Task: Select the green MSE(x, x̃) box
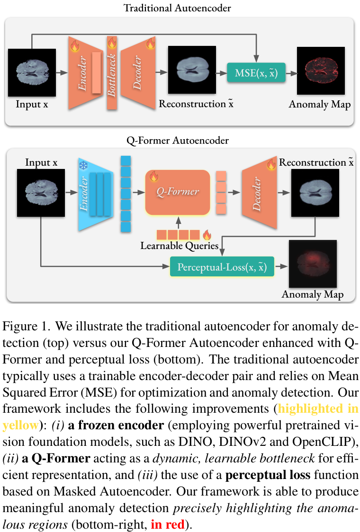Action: pos(256,73)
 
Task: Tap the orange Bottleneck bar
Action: pos(112,74)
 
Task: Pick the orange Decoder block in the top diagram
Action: pos(138,73)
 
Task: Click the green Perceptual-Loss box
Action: pos(222,267)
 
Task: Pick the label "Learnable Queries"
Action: pos(179,246)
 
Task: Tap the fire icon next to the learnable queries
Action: pos(207,234)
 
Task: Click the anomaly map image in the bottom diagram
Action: pos(313,264)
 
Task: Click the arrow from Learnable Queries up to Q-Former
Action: pos(178,222)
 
